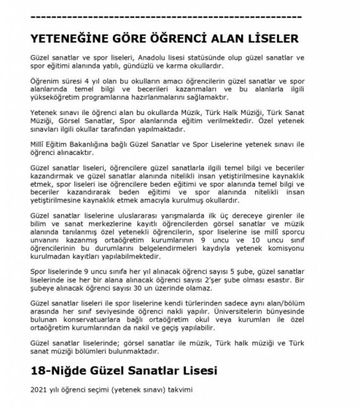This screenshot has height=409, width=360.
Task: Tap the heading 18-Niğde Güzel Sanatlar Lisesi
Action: (124, 370)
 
